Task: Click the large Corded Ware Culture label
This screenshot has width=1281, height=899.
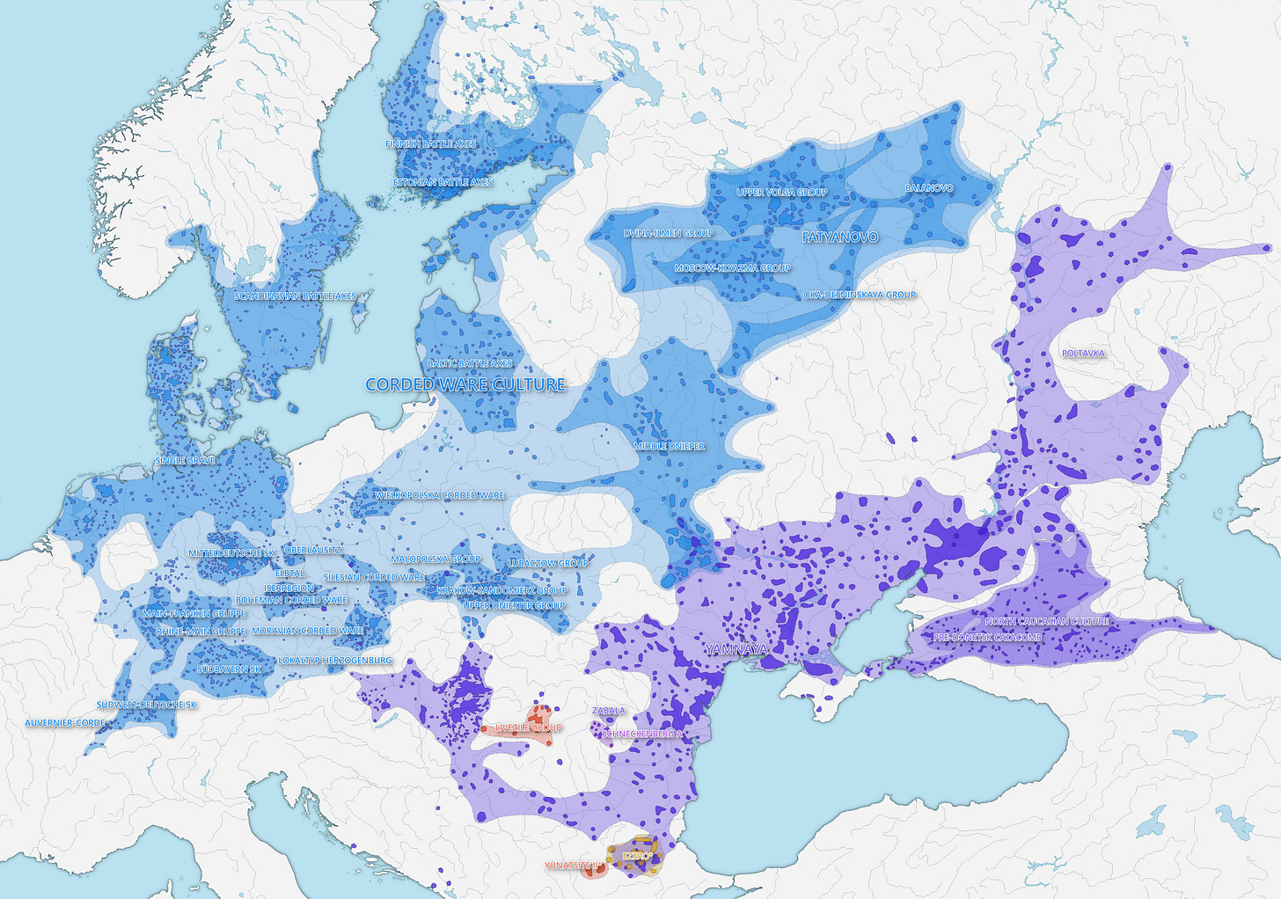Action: [465, 384]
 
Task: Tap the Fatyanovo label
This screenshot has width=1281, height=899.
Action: [839, 238]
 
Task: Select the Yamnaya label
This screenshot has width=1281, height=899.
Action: [736, 649]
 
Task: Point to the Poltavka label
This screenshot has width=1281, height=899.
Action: [1083, 354]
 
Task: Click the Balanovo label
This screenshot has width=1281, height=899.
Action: [929, 188]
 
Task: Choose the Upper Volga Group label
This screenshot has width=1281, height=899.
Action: [781, 192]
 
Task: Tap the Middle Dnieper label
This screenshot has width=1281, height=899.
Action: [670, 447]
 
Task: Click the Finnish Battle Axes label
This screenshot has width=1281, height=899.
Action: [430, 143]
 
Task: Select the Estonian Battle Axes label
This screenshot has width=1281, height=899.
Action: [442, 182]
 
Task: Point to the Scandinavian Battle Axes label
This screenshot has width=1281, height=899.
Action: [295, 296]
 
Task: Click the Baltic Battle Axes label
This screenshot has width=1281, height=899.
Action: [470, 363]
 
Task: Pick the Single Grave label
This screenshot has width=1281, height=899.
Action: [185, 461]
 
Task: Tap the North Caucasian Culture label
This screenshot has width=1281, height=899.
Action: [1047, 621]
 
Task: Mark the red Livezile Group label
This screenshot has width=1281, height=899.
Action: [528, 727]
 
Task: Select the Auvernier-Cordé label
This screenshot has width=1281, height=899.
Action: [65, 723]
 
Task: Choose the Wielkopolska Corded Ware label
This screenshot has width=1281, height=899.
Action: [440, 495]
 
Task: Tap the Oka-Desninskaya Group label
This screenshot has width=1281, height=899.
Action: [860, 295]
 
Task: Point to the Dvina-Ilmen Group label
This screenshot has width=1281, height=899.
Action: [669, 233]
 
